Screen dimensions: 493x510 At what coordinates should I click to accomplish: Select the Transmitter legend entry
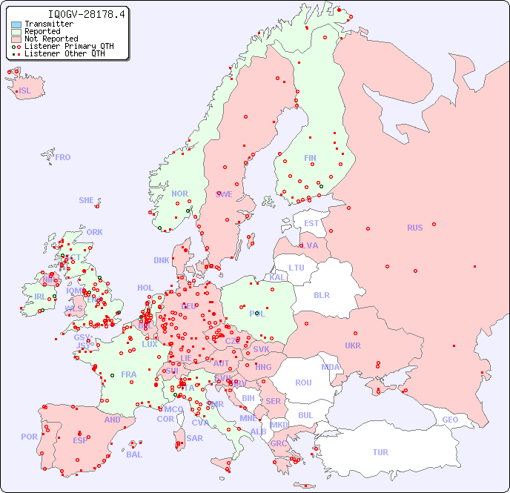point(48,24)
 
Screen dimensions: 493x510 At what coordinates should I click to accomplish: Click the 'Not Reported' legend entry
point(50,39)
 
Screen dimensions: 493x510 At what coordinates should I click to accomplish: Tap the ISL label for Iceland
point(25,91)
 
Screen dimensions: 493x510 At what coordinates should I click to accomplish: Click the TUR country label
point(380,452)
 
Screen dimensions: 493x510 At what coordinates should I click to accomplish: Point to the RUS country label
point(414,228)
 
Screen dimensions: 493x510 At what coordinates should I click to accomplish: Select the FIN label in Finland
point(310,158)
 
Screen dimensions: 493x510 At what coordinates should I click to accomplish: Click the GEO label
point(450,420)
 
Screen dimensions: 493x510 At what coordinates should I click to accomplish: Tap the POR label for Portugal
point(29,437)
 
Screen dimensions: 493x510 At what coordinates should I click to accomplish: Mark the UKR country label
point(353,345)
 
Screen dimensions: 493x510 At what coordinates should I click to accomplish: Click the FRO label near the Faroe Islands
point(63,157)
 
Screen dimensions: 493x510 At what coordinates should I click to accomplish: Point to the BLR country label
point(322,294)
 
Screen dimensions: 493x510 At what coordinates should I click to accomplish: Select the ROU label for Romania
point(303,383)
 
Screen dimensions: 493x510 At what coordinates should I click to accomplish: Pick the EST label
point(311,223)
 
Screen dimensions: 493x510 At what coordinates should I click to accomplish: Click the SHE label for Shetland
point(87,200)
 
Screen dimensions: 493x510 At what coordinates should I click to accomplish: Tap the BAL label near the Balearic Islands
point(133,454)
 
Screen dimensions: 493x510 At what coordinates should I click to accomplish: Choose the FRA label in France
point(129,374)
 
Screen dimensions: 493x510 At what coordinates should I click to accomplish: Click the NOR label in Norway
point(179,193)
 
